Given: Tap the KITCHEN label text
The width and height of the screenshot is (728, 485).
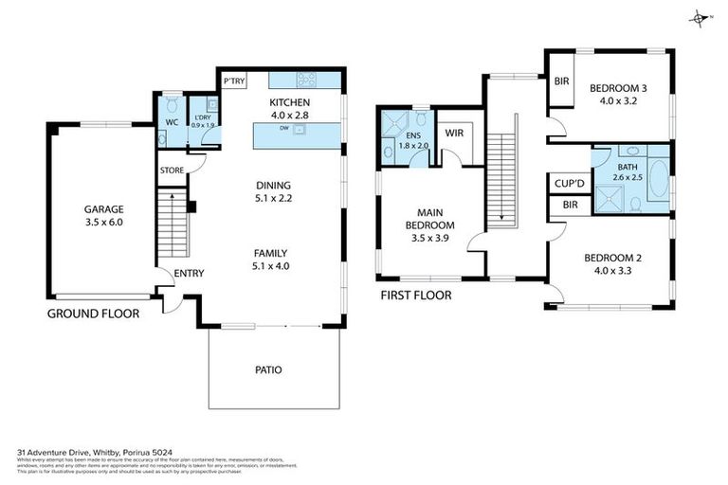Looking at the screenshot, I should click(x=290, y=103).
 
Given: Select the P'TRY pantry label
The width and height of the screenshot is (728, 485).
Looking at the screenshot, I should click(x=234, y=82).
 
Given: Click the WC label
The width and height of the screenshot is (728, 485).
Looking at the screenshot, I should click(x=172, y=123).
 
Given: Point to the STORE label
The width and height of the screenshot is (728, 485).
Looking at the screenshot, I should click(x=172, y=171).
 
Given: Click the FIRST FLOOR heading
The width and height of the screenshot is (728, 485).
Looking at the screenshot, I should click(x=415, y=296).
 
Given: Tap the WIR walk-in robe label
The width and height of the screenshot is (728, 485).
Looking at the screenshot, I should click(x=453, y=134).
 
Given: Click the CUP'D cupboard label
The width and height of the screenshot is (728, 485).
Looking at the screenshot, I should click(x=568, y=182).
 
